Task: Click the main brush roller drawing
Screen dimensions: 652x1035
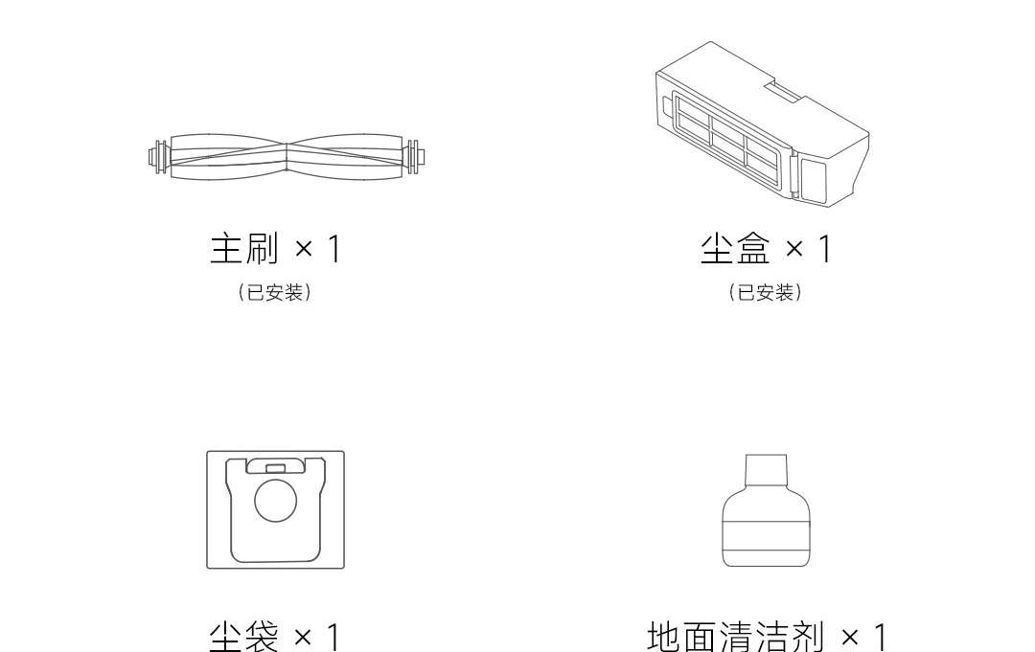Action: pos(287,156)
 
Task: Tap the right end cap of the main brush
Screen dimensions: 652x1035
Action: pos(415,156)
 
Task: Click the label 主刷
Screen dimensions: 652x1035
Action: pos(244,249)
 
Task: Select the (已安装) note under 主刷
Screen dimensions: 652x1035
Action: pos(275,293)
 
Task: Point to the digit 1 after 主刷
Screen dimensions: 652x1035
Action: pos(333,249)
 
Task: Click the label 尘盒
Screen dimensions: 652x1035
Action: pos(735,249)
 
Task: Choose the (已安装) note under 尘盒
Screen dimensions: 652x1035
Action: pos(765,293)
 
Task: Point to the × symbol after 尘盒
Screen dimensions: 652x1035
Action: pos(794,249)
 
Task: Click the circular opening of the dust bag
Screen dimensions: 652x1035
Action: pos(275,500)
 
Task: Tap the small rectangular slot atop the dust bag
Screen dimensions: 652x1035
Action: pos(275,468)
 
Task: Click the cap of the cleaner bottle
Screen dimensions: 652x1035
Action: pos(766,470)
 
